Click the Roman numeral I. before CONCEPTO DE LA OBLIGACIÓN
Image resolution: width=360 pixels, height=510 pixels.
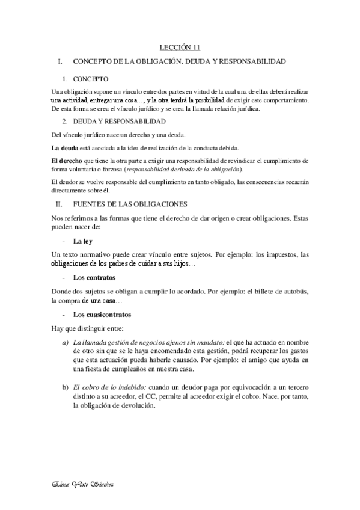pos(58,62)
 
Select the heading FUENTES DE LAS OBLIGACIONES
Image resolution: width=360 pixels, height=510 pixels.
pos(129,204)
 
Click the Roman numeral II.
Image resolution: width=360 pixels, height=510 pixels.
pos(59,204)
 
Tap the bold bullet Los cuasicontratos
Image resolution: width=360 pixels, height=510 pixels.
pos(102,315)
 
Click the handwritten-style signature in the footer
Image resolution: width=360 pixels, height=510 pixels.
pos(84,485)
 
